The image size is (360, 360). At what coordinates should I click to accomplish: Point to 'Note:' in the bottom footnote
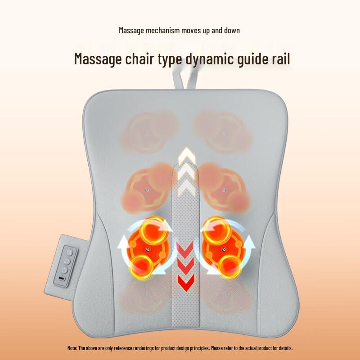click(x=72, y=348)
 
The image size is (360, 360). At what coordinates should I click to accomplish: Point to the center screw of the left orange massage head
click(x=146, y=249)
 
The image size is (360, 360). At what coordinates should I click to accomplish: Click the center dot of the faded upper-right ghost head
click(x=223, y=134)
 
